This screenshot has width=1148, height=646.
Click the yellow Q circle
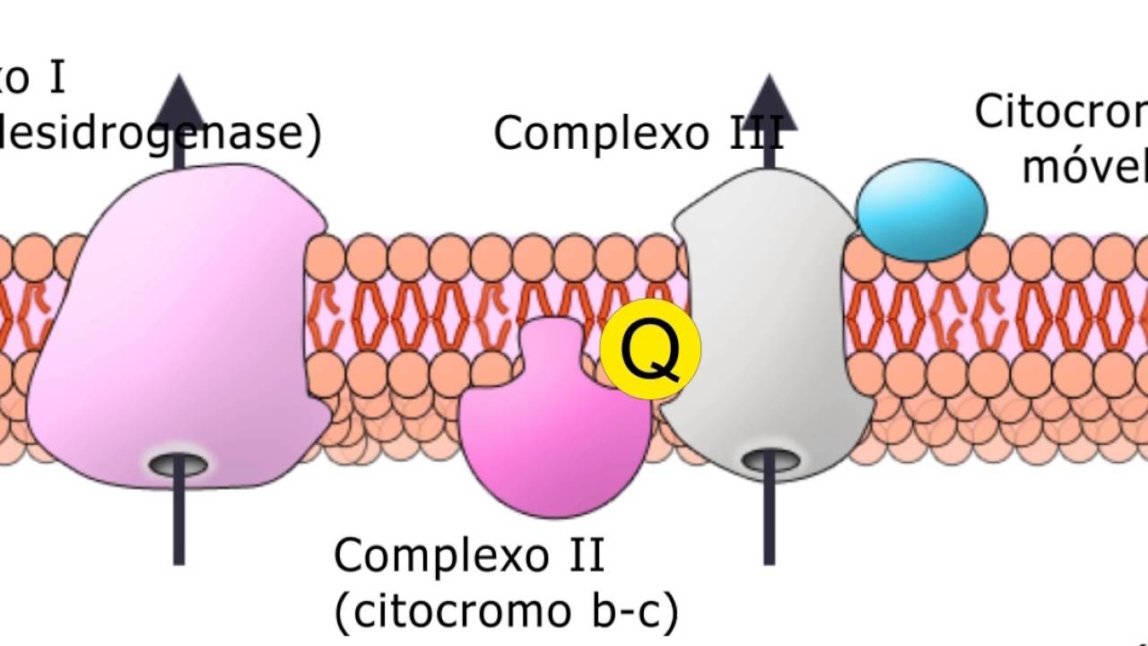point(650,350)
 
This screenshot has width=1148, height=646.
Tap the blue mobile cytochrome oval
point(921,211)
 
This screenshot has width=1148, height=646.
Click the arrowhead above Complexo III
point(769,100)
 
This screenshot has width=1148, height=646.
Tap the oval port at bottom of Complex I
point(178,465)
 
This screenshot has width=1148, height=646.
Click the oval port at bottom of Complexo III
point(770,461)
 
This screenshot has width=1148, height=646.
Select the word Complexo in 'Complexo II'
point(439,555)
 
